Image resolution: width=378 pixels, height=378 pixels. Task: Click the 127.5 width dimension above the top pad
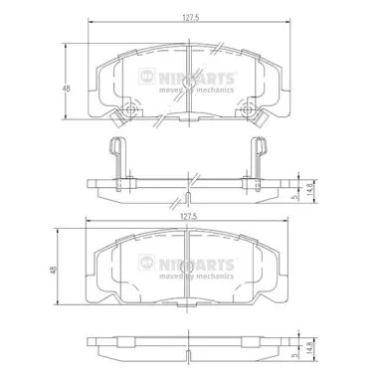click(x=190, y=19)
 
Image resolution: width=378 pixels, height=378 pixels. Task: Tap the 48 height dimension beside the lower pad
click(x=54, y=270)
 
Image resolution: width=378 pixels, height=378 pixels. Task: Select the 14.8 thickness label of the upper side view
click(x=309, y=190)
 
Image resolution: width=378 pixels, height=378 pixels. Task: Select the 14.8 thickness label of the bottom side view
click(x=309, y=348)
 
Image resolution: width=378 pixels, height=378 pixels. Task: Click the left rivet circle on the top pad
click(x=129, y=108)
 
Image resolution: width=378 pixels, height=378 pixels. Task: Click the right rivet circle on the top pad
click(x=248, y=108)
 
